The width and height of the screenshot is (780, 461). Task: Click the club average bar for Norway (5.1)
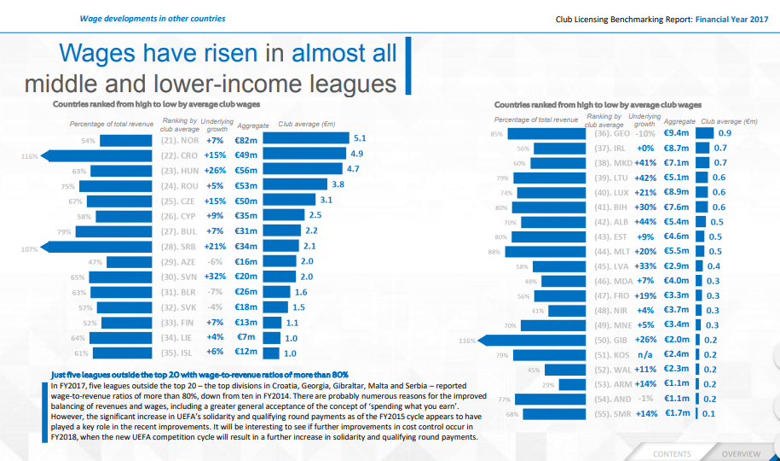305,138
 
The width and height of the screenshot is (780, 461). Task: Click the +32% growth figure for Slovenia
214,278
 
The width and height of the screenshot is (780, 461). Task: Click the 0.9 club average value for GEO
725,133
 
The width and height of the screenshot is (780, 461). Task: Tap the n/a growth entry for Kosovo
645,354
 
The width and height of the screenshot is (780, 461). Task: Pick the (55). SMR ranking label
612,413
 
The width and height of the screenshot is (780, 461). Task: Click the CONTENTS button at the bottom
672,454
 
